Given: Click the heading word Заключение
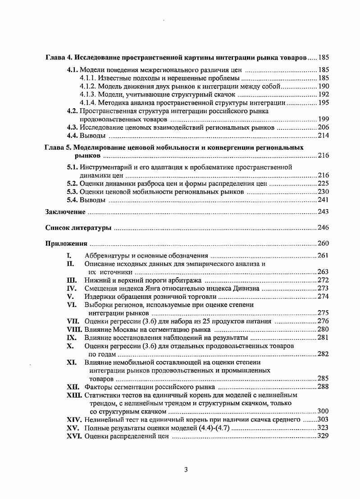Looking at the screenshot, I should coord(65,212).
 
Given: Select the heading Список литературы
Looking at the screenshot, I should coord(78,228).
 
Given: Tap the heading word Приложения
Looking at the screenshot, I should coord(66,244).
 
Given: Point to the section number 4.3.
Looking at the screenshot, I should coord(73,128).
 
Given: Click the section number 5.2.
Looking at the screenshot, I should coord(73,183).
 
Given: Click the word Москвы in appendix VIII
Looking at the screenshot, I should coord(123,330).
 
